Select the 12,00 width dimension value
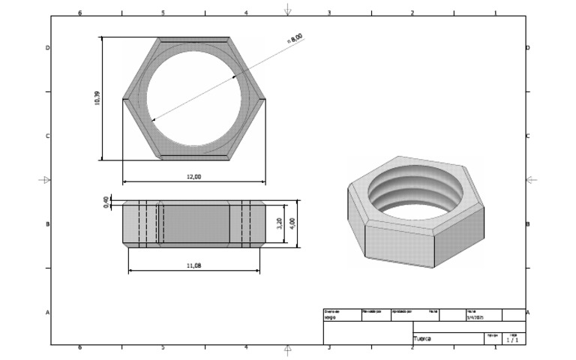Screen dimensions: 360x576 193,177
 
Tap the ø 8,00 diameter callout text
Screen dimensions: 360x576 295,38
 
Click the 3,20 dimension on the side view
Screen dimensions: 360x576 280,223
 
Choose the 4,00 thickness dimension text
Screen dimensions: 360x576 293,223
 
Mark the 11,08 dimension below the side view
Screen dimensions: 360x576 193,265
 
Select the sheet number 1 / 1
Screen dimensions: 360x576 511,339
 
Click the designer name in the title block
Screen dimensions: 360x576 329,317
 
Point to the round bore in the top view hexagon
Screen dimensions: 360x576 194,98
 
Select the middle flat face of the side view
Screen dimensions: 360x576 194,223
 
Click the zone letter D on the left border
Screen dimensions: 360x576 48,48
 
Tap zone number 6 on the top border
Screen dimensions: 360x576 80,13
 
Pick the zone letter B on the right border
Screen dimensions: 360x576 528,224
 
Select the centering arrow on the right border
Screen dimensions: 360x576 531,180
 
